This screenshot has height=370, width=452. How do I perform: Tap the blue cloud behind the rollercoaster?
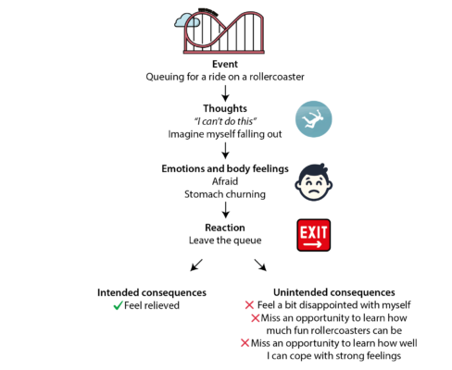(186, 20)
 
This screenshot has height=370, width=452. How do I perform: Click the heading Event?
(225, 64)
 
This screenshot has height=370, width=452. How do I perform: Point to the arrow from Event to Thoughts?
(225, 93)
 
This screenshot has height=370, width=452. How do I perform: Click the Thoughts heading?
(225, 108)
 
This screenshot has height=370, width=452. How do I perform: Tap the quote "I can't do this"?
(225, 121)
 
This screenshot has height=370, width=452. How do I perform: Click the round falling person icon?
(313, 119)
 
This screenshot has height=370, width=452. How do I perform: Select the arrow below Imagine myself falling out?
(225, 151)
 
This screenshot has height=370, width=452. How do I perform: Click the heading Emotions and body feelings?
(225, 168)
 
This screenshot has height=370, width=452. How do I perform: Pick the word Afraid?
(225, 181)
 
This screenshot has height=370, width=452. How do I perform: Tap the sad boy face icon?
(313, 182)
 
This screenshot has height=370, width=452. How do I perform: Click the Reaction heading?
(225, 228)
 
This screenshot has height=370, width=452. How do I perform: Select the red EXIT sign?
(314, 235)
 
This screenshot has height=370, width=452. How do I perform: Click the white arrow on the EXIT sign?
(312, 244)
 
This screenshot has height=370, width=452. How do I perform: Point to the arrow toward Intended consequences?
(196, 265)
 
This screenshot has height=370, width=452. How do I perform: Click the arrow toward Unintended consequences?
(260, 265)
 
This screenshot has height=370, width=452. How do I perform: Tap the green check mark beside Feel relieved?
(119, 305)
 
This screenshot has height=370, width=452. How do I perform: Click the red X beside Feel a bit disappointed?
(249, 305)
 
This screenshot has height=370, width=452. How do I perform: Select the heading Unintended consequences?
(334, 292)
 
